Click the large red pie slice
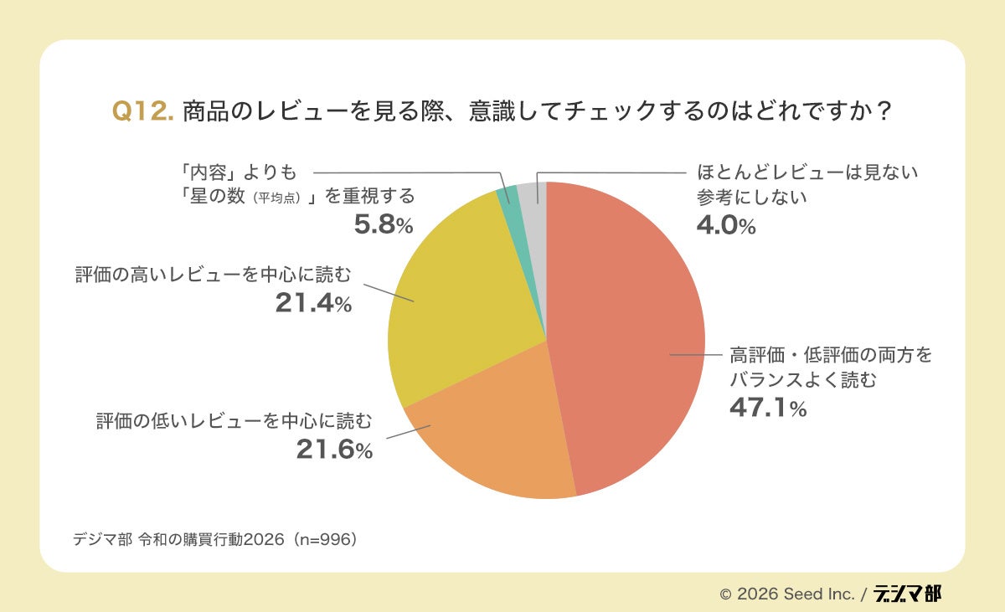(x=628, y=335)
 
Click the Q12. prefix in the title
(x=142, y=112)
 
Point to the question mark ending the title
(x=882, y=112)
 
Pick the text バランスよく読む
(x=803, y=379)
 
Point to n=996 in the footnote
(x=323, y=538)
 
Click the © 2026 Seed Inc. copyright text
(x=787, y=594)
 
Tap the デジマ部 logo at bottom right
(x=907, y=593)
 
